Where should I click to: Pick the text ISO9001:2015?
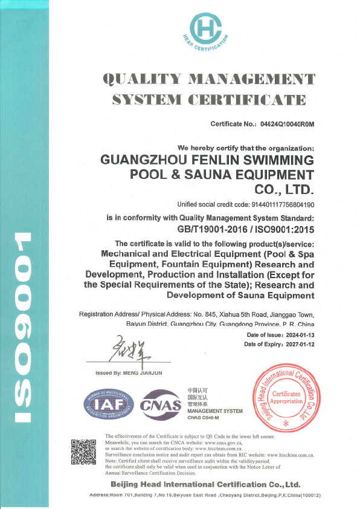(283, 229)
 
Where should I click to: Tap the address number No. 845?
(204, 315)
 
